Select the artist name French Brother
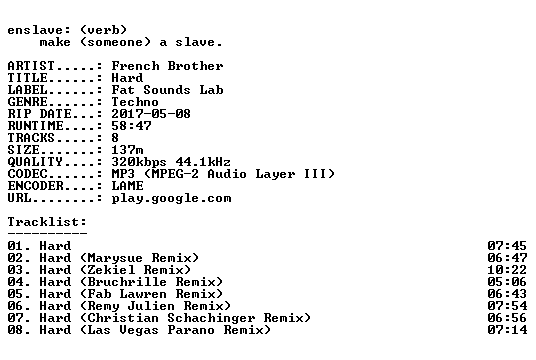(168, 66)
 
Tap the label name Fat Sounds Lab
(168, 90)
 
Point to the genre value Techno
(135, 102)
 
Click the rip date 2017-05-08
(151, 114)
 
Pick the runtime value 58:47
(131, 126)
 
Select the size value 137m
(127, 150)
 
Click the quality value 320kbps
(139, 162)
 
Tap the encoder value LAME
(127, 186)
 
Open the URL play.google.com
(171, 198)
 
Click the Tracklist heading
(47, 222)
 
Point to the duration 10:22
(507, 270)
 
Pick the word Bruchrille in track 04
(127, 282)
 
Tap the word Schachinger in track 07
(211, 318)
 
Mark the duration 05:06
(507, 282)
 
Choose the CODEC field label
(27, 174)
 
